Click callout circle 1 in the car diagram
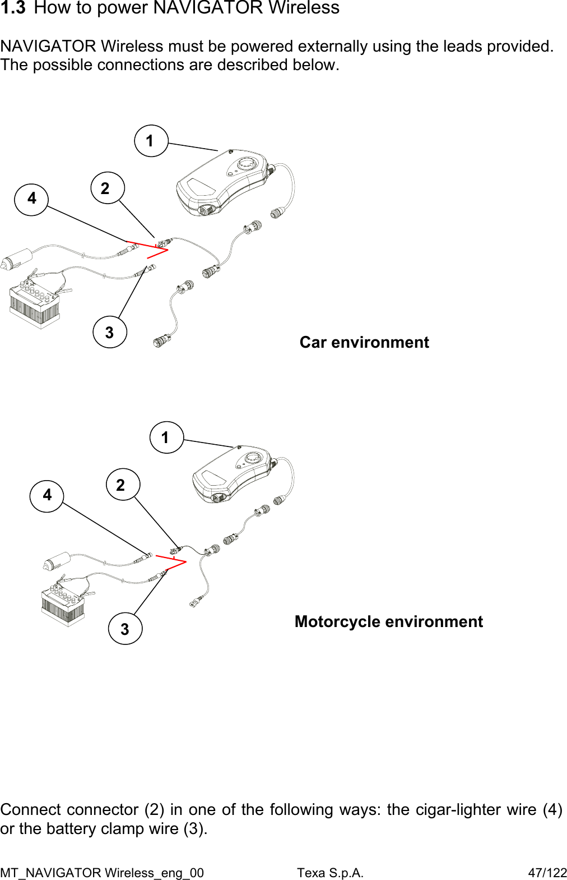click(151, 141)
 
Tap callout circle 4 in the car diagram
click(31, 199)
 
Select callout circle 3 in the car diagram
click(110, 333)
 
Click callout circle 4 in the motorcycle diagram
click(47, 495)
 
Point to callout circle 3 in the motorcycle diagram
click(125, 629)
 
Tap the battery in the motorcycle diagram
click(63, 606)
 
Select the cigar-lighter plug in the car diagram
click(16, 260)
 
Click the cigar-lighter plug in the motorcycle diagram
click(56, 560)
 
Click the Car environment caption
click(364, 342)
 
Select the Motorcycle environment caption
click(388, 621)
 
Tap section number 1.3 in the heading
click(13, 8)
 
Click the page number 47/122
click(547, 873)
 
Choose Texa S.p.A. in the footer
click(330, 873)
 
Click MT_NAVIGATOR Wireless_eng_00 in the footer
click(102, 873)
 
